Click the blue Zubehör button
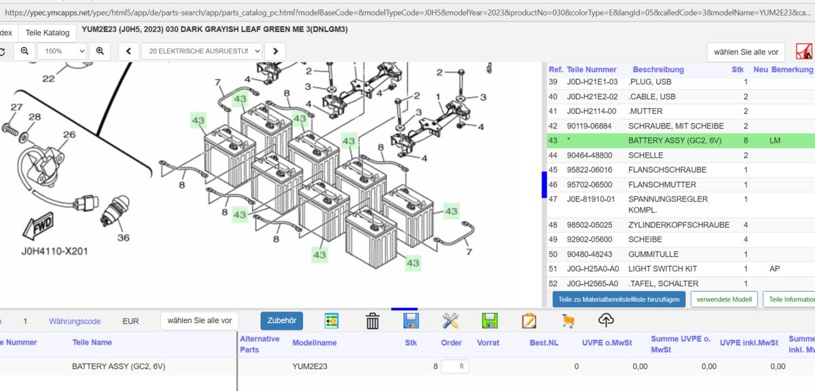pos(282,321)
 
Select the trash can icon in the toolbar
pos(372,321)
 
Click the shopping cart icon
pos(568,321)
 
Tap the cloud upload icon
pos(606,320)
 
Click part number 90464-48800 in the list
pos(590,155)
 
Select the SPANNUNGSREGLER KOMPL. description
pos(668,205)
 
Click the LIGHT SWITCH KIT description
pos(663,269)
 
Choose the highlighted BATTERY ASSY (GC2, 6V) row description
pos(674,141)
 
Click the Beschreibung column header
pos(658,69)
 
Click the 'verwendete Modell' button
pos(724,299)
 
